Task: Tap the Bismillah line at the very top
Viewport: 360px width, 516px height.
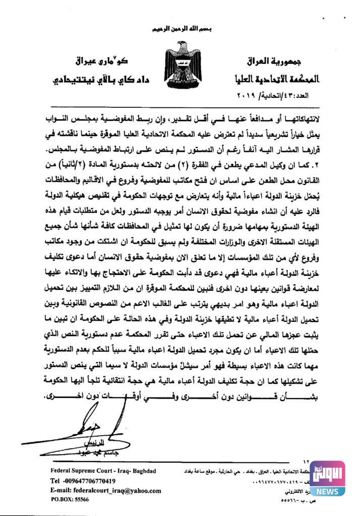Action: pos(180,30)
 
